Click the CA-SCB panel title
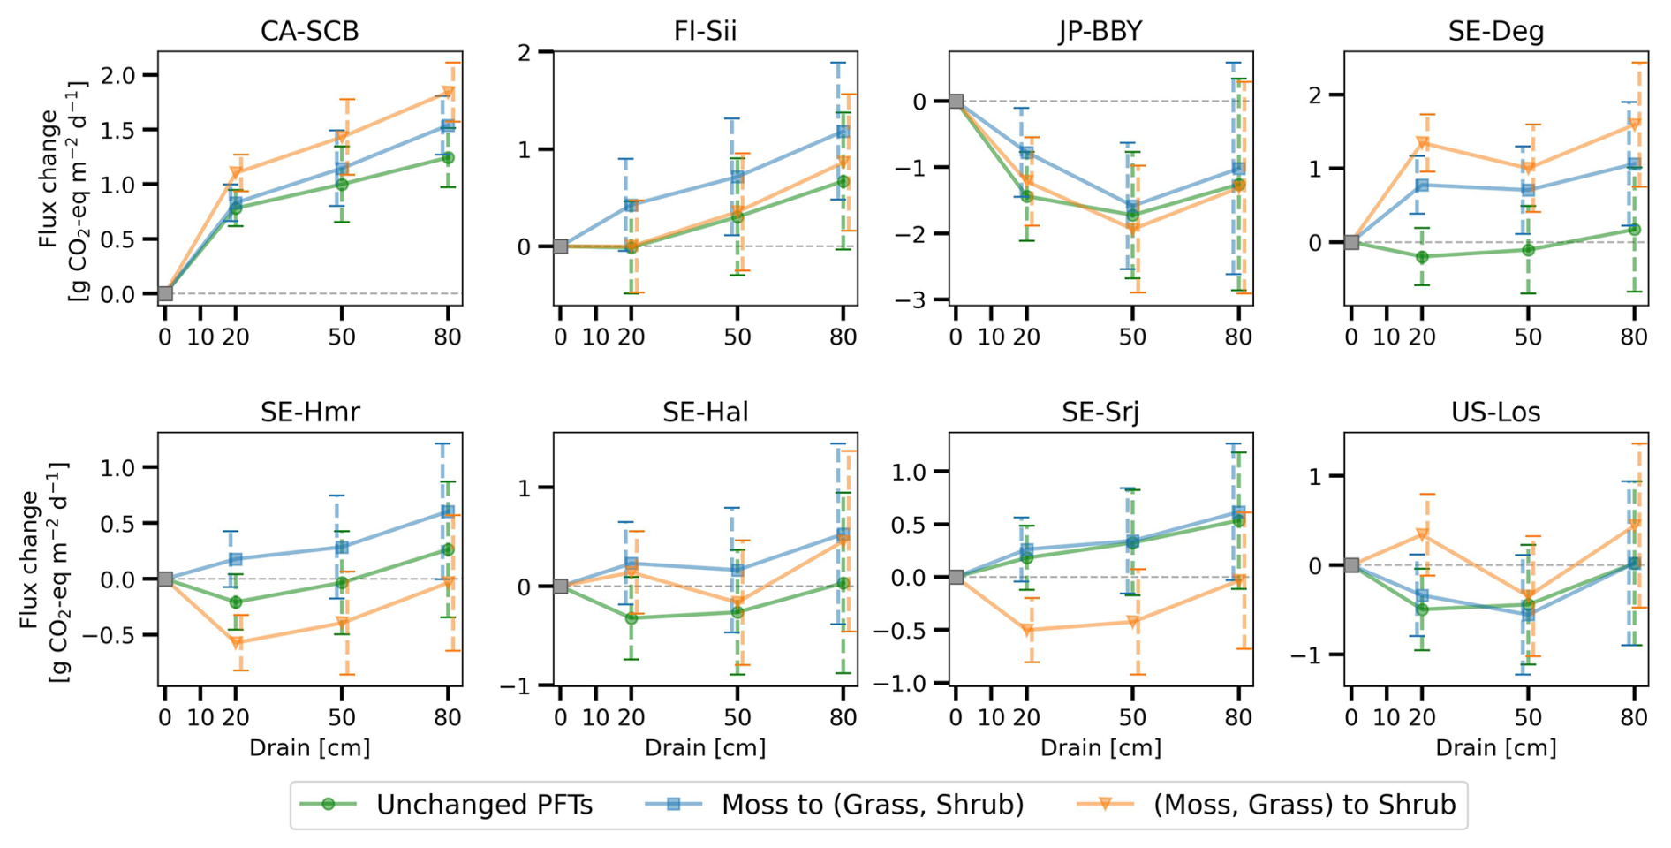coord(309,32)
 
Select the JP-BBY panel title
coord(1100,32)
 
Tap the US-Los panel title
coord(1495,413)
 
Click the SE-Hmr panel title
coord(309,413)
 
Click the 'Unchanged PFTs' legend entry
coord(447,805)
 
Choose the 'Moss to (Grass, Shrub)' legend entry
coord(835,805)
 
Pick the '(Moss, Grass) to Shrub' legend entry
coord(1266,805)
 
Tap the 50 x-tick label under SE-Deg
coord(1528,337)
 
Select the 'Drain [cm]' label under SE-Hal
coord(705,748)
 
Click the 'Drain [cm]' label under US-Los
coord(1495,748)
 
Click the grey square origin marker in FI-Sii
coord(560,246)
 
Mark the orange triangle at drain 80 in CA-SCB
coord(449,93)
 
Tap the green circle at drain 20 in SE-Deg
coord(1422,257)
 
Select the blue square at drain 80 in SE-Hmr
coord(447,511)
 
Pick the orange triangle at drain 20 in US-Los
coord(1423,534)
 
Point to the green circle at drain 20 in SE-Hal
coord(631,618)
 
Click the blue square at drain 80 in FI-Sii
coord(842,132)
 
